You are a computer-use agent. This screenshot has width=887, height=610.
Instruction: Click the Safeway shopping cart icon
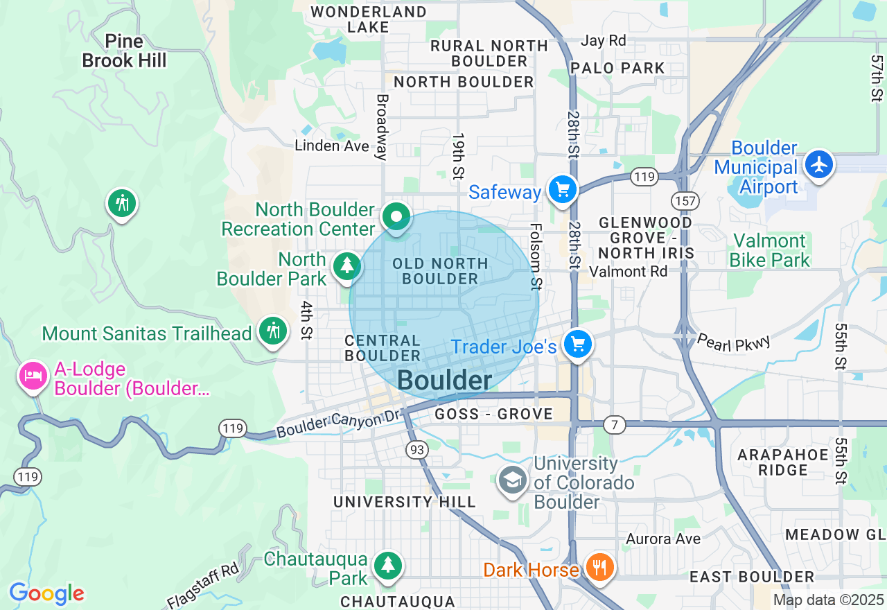click(562, 189)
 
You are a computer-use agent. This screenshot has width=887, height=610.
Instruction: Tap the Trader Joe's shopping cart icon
click(577, 344)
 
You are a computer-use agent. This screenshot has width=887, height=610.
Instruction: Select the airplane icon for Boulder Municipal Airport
click(820, 164)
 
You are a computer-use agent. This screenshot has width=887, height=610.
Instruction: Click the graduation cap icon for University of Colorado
click(513, 480)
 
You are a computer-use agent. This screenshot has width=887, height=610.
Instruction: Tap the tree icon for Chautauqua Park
click(387, 565)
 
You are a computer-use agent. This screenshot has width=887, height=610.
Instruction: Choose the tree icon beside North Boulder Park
click(346, 265)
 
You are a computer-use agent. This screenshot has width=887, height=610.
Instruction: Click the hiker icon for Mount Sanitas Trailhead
click(274, 331)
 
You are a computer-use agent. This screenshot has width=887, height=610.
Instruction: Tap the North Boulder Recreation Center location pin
click(396, 217)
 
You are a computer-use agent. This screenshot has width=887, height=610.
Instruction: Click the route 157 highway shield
click(685, 201)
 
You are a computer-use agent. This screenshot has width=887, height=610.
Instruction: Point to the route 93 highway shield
click(417, 450)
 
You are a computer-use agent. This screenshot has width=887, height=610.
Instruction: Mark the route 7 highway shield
click(614, 424)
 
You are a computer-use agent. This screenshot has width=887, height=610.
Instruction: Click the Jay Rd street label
click(603, 41)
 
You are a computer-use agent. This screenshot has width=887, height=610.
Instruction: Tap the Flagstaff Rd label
click(203, 586)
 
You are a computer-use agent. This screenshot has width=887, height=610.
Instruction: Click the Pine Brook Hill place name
click(124, 51)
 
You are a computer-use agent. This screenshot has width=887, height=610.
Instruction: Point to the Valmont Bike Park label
click(770, 250)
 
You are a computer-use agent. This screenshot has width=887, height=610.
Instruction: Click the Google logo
click(46, 593)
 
